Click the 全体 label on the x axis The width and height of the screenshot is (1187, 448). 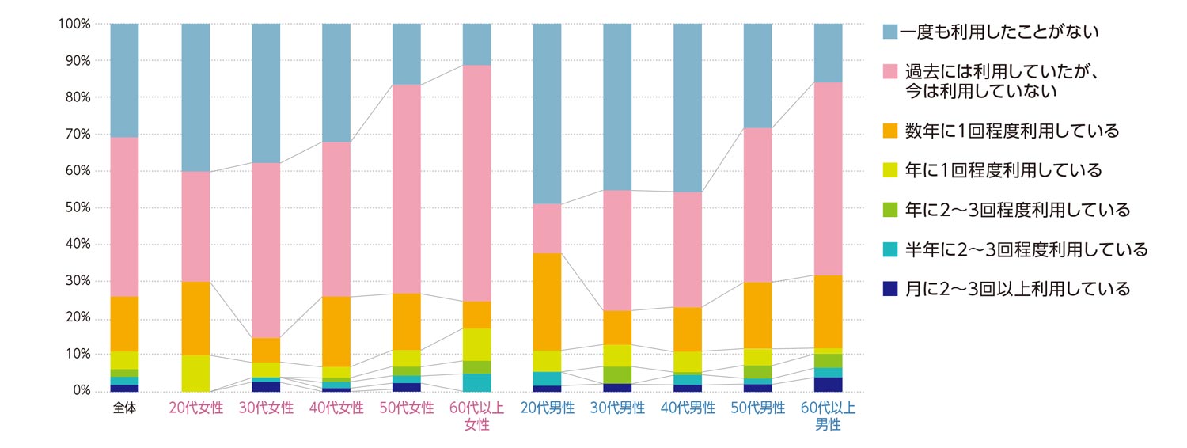[124, 408]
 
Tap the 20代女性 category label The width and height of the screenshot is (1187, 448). [195, 408]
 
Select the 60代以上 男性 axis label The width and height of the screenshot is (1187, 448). [828, 416]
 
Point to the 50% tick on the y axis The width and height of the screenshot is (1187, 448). [75, 208]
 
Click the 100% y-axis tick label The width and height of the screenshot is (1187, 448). [73, 25]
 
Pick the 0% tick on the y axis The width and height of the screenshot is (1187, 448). [80, 391]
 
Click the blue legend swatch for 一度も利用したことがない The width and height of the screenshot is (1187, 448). [890, 32]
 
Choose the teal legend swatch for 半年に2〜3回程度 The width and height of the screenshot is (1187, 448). [890, 250]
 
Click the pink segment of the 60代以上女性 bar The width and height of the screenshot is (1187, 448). [477, 183]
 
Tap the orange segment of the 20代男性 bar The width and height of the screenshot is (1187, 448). [548, 302]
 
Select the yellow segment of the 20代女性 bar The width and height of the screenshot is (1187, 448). [195, 373]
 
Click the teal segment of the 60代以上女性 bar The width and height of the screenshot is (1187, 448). [477, 382]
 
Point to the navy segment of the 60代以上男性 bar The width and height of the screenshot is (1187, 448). [829, 384]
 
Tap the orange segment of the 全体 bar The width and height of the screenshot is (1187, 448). [124, 324]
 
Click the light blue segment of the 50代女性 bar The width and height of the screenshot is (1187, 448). [407, 54]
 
